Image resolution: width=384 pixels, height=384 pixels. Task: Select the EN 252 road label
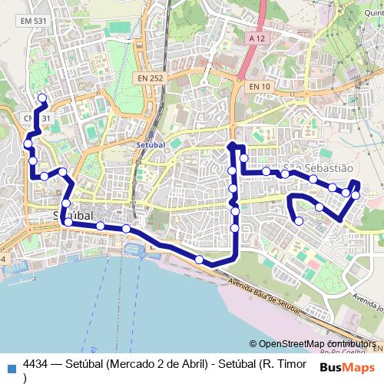coord(151,78)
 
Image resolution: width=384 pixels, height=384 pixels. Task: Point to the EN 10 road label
coord(260,87)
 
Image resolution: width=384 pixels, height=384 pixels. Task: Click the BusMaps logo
coord(347,367)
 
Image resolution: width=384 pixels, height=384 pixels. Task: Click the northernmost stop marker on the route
coord(42,98)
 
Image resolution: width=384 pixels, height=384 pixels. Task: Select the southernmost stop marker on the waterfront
coord(200,260)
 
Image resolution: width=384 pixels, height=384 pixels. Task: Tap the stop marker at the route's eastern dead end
coord(299,222)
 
